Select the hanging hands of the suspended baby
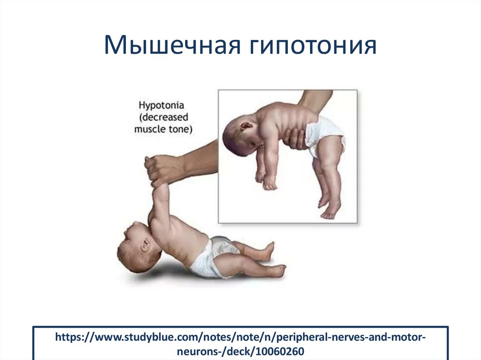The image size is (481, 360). pyautogui.click(x=266, y=180)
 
